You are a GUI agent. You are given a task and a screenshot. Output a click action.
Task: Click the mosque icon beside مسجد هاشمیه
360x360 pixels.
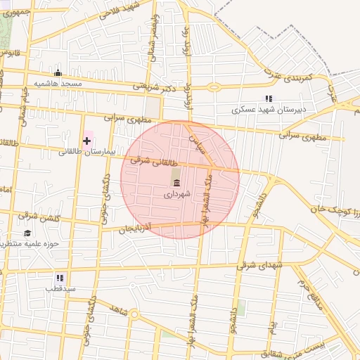58,72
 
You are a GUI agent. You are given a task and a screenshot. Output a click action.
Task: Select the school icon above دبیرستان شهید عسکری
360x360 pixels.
267,99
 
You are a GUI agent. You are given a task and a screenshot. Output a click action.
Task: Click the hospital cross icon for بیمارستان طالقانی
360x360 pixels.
86,141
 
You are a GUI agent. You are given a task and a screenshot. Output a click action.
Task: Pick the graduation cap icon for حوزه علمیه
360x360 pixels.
27,233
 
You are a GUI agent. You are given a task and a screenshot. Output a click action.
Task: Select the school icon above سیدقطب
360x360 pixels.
60,278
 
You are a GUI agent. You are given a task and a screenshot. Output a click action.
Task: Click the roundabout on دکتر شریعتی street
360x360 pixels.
214,88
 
